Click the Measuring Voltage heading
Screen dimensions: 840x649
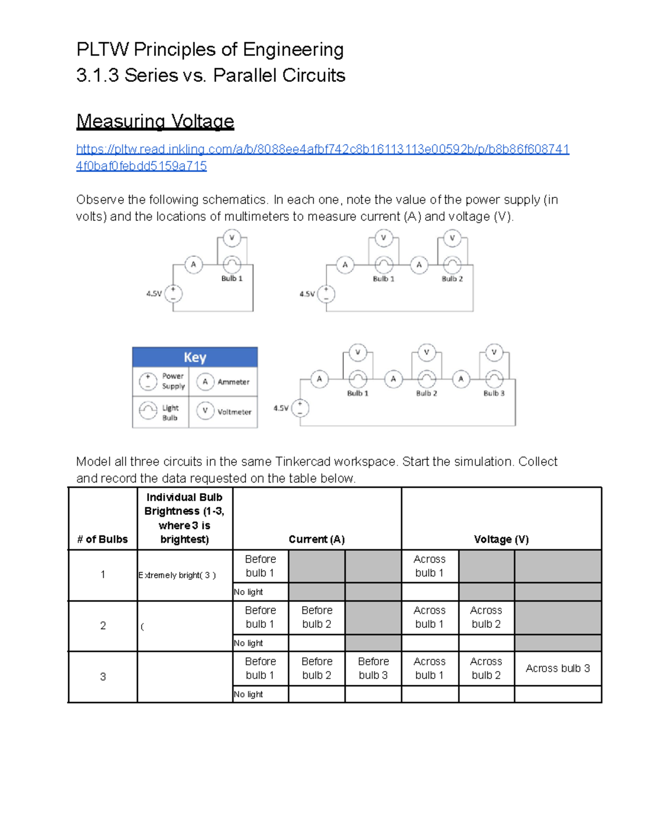tap(155, 121)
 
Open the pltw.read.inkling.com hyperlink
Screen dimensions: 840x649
tap(322, 149)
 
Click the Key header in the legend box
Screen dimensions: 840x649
tap(195, 358)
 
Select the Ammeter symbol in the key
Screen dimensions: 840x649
tap(205, 381)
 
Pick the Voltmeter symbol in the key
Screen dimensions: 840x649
tap(205, 411)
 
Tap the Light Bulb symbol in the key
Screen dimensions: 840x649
tap(148, 411)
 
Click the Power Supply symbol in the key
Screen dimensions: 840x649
tap(148, 381)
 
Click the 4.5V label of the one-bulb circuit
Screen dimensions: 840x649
tap(154, 294)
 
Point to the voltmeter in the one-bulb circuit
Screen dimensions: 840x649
tap(232, 238)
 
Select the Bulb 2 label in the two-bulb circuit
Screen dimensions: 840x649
tap(452, 279)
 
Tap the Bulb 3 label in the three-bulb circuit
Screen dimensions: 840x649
tap(494, 393)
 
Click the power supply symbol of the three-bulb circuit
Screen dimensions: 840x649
tap(300, 408)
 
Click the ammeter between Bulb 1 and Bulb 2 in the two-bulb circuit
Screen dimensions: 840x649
tap(419, 265)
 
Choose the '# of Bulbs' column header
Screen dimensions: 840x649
tap(103, 539)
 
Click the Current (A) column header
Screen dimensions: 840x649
tap(316, 539)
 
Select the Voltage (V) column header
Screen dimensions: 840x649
tap(501, 539)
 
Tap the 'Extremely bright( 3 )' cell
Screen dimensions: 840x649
tap(177, 576)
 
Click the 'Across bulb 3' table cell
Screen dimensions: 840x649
tap(558, 669)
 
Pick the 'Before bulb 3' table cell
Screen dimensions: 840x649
tap(373, 669)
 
